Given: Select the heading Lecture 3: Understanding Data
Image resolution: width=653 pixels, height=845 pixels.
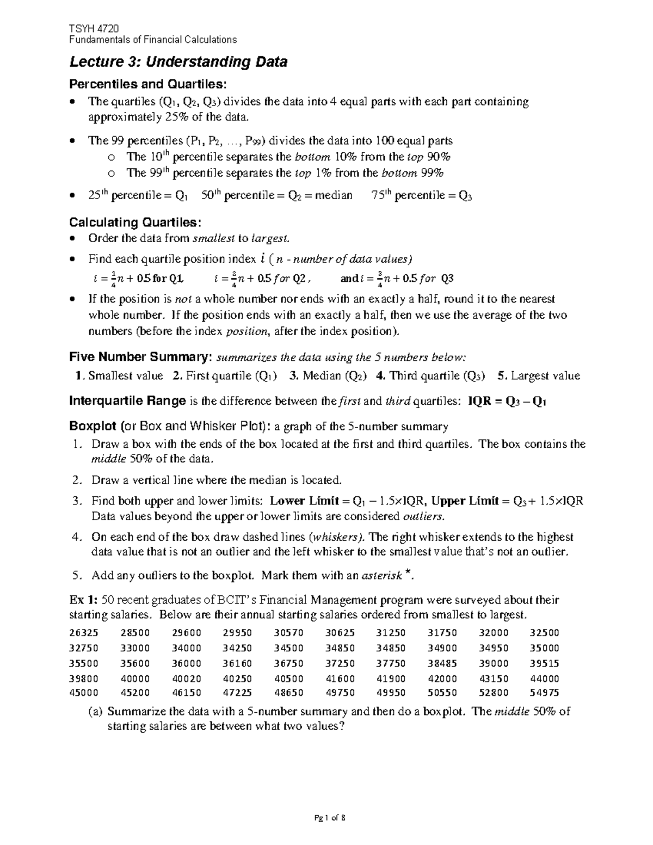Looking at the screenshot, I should [178, 62].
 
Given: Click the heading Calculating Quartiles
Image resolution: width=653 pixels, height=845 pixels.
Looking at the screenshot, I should [135, 222].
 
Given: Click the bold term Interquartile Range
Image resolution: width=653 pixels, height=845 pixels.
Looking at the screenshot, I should [128, 402].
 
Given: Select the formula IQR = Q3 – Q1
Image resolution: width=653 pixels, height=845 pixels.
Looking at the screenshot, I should [507, 402].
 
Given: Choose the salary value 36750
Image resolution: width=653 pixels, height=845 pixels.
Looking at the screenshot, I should [289, 663].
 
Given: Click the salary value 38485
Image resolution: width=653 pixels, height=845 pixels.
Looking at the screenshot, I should [442, 663].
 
